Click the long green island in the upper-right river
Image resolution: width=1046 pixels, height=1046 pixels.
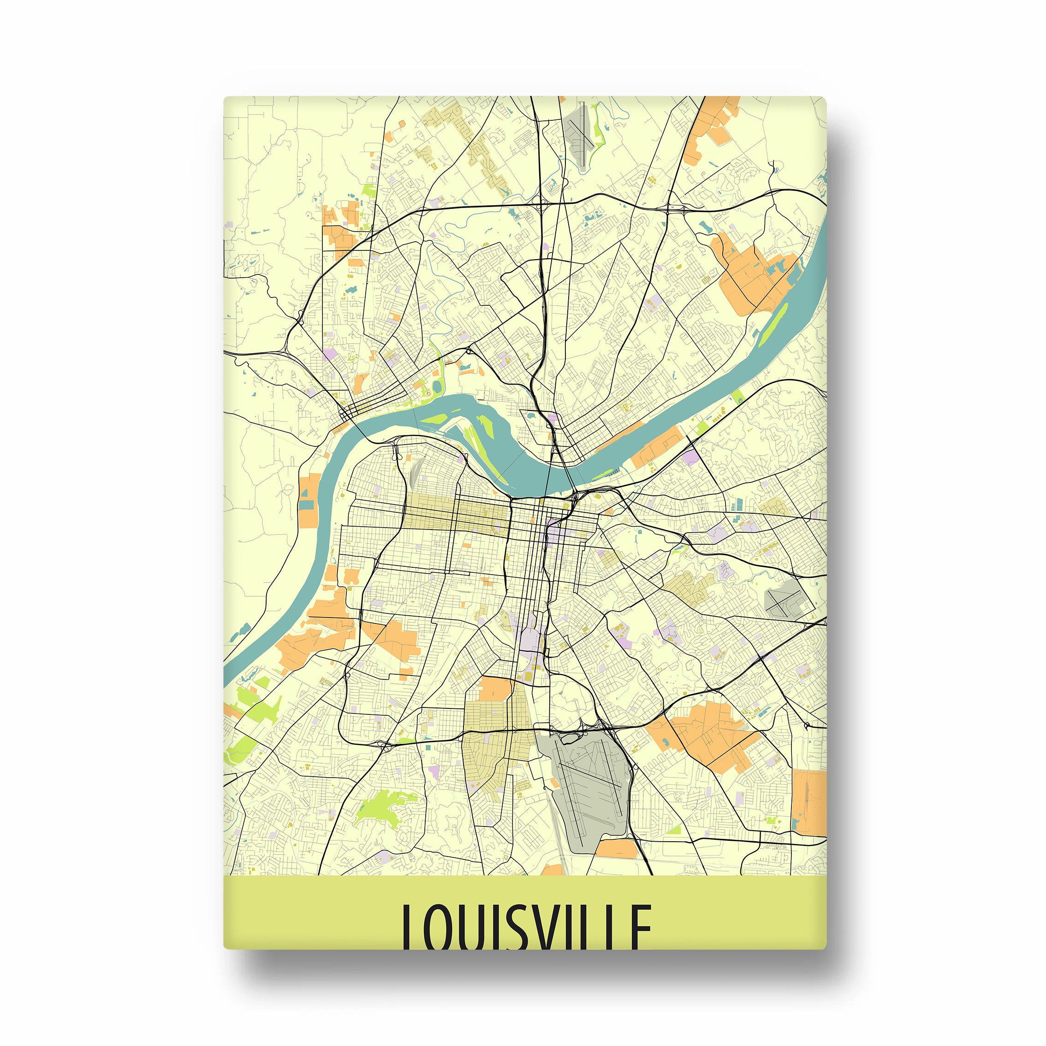(x=773, y=325)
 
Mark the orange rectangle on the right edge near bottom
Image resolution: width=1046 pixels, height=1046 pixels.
(x=809, y=801)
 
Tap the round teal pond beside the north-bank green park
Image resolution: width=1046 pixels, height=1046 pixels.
(x=436, y=386)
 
